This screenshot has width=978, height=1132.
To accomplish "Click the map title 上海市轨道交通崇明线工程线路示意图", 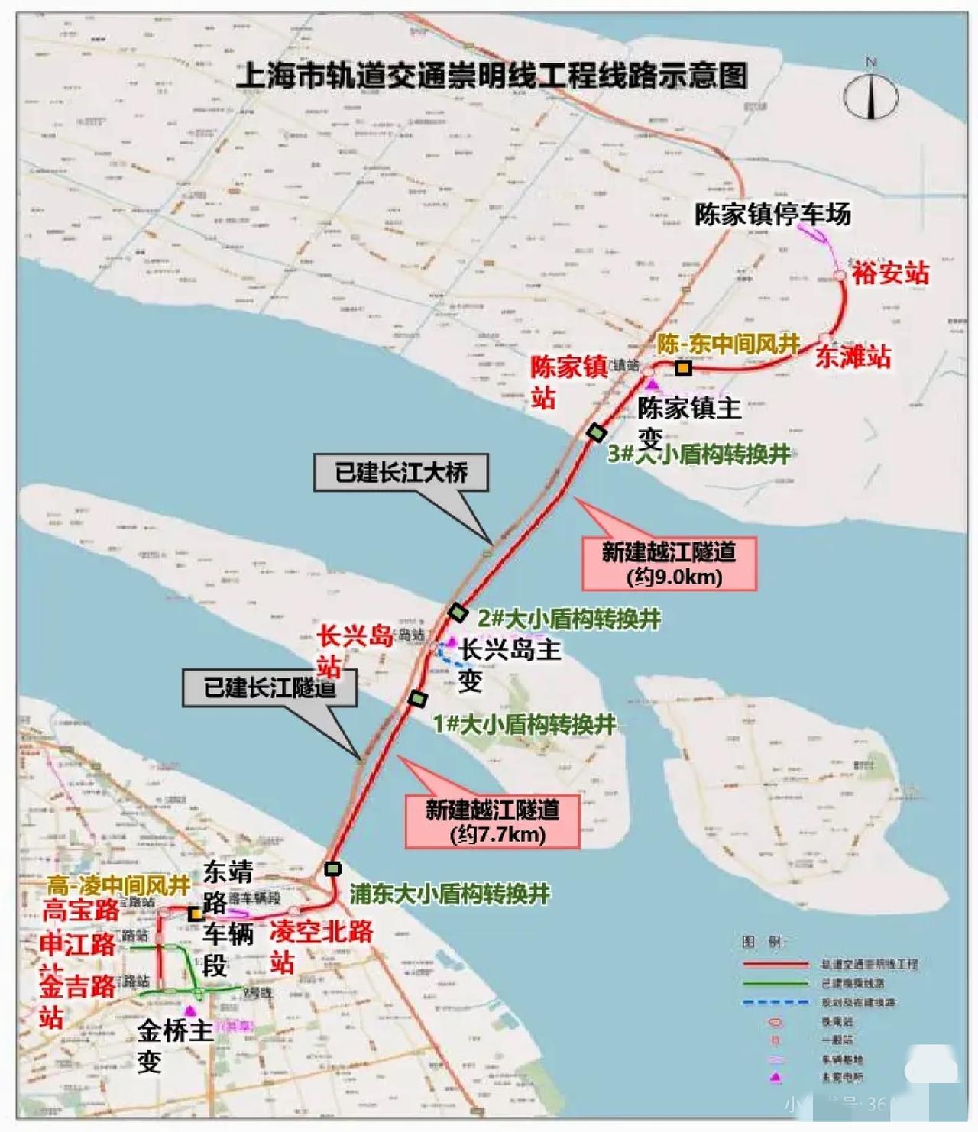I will pos(491,76).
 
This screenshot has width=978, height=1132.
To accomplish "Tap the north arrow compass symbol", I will pos(871,95).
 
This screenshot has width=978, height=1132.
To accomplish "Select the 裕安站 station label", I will pos(891,273).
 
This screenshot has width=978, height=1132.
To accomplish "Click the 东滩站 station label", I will pos(853,356).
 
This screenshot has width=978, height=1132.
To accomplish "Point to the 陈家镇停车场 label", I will pos(772,214).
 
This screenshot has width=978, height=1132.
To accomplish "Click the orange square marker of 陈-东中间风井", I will pos(683,368).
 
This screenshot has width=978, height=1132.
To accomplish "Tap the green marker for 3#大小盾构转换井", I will pos(596,432).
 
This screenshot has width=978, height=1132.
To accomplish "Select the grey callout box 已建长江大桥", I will pos(401,473).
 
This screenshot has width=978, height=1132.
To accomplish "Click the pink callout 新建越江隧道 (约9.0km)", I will pos(669,564).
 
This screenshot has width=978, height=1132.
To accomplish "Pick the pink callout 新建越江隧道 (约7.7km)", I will pos(492,821).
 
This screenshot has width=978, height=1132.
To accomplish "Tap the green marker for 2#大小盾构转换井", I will pos(457,612).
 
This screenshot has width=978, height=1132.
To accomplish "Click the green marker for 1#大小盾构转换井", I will pos(417,698).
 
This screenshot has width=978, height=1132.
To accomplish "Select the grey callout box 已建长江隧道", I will pos(270,687).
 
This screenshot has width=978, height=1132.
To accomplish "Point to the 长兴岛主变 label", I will pos(508,663).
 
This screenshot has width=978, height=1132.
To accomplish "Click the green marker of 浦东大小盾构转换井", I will pos(332,868).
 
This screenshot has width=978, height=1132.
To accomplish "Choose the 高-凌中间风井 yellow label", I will pos(118,885).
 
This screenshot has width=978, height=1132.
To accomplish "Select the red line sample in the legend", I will pos(775,965).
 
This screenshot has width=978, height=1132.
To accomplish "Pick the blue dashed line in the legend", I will pos(775,1002).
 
